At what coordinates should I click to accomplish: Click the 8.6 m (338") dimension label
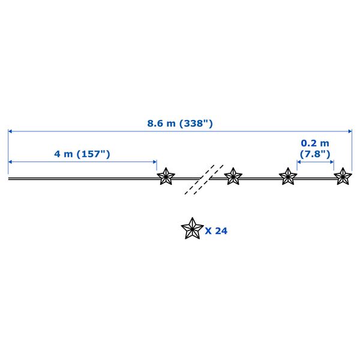(x=180, y=124)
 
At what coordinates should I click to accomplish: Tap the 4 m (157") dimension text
(x=82, y=154)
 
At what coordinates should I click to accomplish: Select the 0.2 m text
(x=315, y=143)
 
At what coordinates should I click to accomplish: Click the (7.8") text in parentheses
(x=315, y=154)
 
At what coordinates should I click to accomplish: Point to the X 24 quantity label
(x=216, y=231)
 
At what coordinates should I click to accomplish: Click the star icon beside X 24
(x=193, y=228)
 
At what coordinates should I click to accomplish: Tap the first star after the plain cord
(x=166, y=176)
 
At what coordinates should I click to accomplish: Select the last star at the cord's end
(x=343, y=176)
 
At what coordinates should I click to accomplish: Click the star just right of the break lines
(x=233, y=176)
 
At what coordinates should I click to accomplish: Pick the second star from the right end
(x=288, y=176)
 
